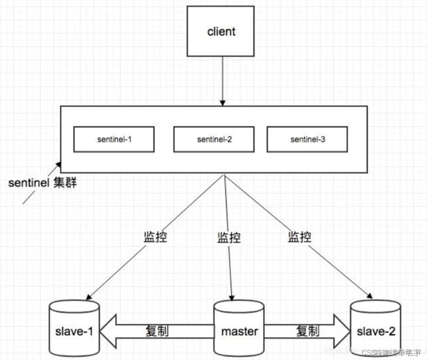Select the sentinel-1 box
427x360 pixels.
tap(114, 139)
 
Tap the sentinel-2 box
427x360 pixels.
tap(214, 139)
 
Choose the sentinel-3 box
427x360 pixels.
tap(307, 139)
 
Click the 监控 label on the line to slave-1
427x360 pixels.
tap(155, 237)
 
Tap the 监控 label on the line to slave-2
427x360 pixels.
tap(299, 237)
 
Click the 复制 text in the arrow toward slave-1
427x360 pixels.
tap(157, 331)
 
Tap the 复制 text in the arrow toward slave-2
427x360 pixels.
tap(308, 331)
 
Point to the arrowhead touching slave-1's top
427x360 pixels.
tap(89, 297)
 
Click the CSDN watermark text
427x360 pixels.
tap(390, 352)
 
